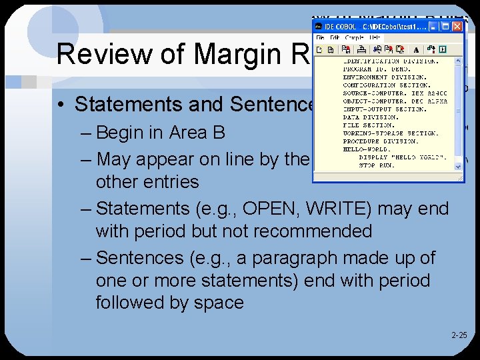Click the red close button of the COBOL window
click(x=457, y=27)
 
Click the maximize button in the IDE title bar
click(x=445, y=27)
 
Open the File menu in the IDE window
click(x=319, y=37)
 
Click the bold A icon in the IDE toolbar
click(x=416, y=49)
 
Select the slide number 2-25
click(x=459, y=336)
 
